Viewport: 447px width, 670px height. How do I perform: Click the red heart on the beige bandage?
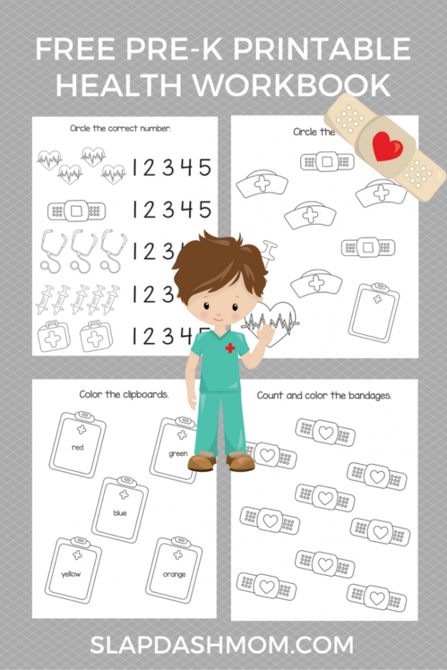point(386,145)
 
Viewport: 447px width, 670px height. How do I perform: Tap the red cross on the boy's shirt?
point(230,348)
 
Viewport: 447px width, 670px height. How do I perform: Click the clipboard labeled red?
point(78,448)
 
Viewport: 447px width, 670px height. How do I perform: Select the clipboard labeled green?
point(177,452)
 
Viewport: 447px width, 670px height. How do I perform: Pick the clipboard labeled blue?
point(120,510)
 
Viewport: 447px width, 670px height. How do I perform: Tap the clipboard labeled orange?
point(173,572)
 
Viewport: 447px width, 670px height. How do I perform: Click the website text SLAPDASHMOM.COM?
point(222,645)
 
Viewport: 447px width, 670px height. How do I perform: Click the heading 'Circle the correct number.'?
point(120,128)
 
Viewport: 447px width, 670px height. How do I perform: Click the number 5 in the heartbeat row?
point(205,168)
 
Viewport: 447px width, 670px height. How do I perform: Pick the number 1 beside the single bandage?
point(135,210)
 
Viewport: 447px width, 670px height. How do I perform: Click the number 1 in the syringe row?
point(135,294)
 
